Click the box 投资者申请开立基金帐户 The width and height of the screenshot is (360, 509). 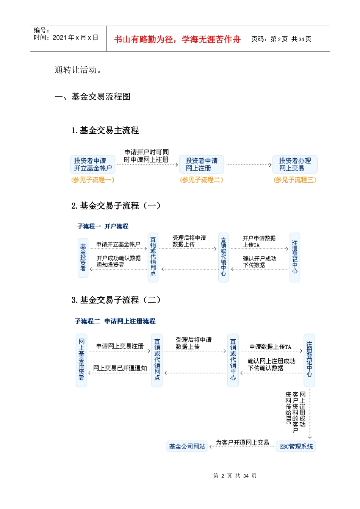tap(93, 164)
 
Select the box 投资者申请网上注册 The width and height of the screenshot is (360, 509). tap(201, 164)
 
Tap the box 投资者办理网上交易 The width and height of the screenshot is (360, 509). tap(295, 164)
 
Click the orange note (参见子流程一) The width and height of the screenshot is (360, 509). tap(92, 180)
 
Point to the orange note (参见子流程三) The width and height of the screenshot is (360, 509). tap(295, 180)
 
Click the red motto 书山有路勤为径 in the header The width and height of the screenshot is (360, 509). tap(177, 39)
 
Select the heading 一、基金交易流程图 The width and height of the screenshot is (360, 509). tap(92, 97)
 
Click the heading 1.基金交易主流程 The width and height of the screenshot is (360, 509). tap(105, 130)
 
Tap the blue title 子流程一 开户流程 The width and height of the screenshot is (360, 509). tap(103, 226)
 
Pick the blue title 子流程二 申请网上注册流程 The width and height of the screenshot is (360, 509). tap(115, 321)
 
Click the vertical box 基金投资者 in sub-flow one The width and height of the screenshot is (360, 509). tap(83, 258)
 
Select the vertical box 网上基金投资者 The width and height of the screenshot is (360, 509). tap(81, 360)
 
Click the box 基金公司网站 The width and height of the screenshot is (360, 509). tap(187, 447)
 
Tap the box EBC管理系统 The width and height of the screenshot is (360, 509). tap(296, 447)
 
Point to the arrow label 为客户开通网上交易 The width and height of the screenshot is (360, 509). tap(243, 442)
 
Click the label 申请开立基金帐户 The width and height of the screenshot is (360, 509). tap(118, 244)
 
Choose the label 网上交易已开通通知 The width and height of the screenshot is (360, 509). tap(120, 368)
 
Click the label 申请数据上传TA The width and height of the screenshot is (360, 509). tap(270, 347)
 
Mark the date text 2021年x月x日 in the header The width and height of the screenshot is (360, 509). tap(75, 37)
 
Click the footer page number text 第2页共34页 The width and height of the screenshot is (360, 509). tap(235, 476)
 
